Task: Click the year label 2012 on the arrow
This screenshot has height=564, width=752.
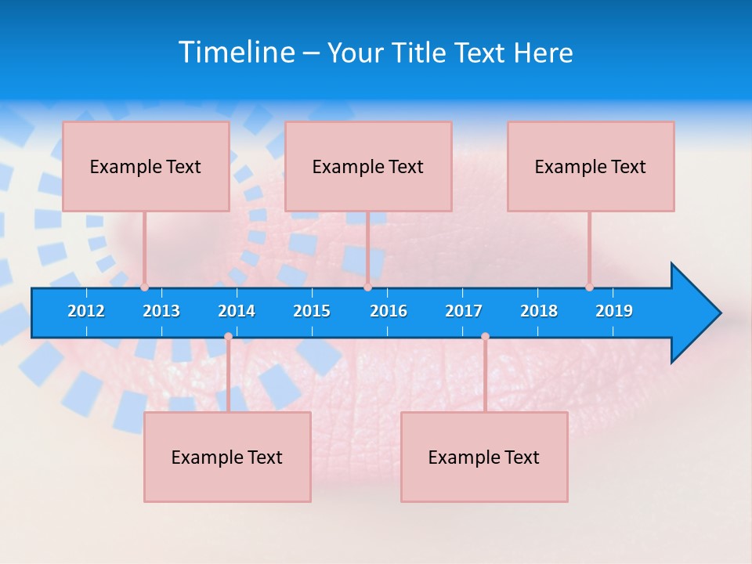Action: tap(86, 311)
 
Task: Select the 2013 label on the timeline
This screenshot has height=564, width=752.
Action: tap(161, 311)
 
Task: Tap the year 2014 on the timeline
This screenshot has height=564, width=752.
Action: tap(237, 311)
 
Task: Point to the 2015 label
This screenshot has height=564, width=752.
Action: tap(312, 311)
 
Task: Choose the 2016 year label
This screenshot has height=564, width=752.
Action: tap(389, 311)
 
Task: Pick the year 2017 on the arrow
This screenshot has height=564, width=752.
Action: tap(464, 311)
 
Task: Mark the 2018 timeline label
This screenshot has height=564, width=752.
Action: tap(539, 311)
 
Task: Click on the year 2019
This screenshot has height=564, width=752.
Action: tap(614, 311)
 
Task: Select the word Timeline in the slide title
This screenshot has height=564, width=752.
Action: tap(236, 52)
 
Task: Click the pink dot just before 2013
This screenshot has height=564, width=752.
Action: tap(144, 287)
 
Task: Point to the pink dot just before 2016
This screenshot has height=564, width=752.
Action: tap(367, 287)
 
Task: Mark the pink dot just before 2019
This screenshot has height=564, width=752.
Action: tap(589, 287)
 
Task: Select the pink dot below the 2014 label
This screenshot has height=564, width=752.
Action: tap(228, 337)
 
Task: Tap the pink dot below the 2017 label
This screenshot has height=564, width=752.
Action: tap(485, 337)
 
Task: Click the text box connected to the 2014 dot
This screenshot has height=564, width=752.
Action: tap(227, 457)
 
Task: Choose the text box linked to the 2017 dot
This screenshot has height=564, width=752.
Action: tap(484, 457)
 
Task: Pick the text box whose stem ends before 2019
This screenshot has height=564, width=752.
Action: tap(591, 166)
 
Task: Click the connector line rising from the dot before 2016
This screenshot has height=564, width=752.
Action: tap(367, 247)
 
